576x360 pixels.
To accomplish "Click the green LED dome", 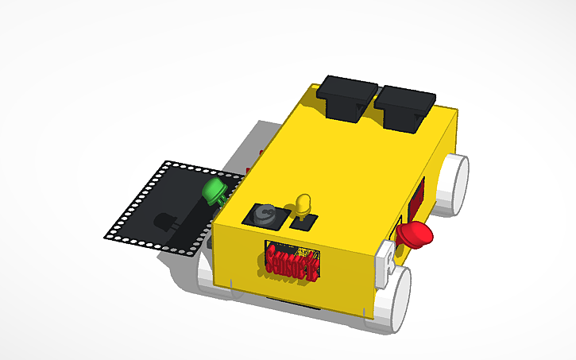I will coord(213,191).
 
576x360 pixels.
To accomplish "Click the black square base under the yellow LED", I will coord(303,222).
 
